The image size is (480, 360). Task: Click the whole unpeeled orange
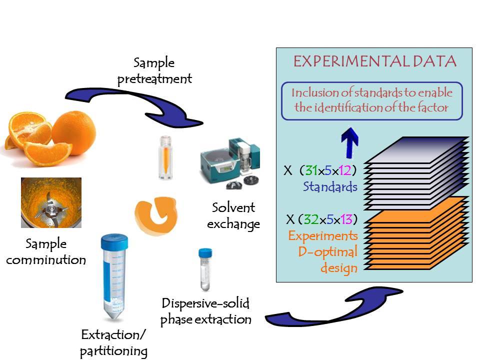pyautogui.click(x=73, y=132)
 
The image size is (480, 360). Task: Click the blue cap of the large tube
pyautogui.click(x=114, y=242)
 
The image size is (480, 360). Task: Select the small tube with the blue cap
pyautogui.click(x=205, y=269)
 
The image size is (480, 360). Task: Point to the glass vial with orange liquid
pyautogui.click(x=165, y=157)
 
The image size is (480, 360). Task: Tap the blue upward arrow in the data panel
pyautogui.click(x=349, y=142)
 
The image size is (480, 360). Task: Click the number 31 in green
pyautogui.click(x=311, y=170)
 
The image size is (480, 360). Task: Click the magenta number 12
pyautogui.click(x=345, y=170)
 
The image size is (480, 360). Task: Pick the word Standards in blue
pyautogui.click(x=330, y=186)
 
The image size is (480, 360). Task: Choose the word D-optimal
pyautogui.click(x=327, y=252)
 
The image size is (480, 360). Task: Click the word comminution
pyautogui.click(x=46, y=260)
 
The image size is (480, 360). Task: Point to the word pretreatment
pyautogui.click(x=154, y=79)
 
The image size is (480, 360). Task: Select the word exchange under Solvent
pyautogui.click(x=233, y=224)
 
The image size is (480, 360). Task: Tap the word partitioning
pyautogui.click(x=113, y=351)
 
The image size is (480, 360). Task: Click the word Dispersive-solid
pyautogui.click(x=205, y=303)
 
